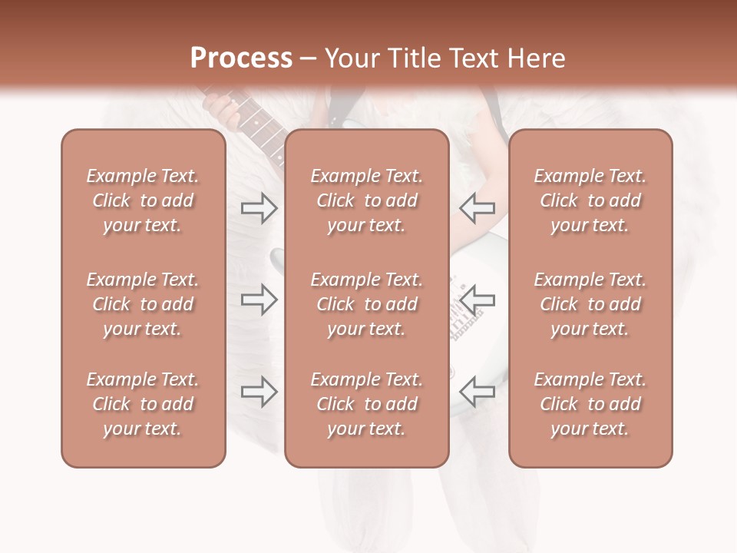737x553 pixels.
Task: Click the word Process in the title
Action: pos(241,58)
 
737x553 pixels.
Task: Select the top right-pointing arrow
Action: pos(259,207)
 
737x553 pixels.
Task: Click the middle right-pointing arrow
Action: pos(259,300)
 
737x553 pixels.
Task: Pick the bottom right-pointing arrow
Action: pos(259,392)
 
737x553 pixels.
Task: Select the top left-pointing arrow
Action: pos(478,207)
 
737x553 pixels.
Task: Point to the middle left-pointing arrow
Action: pos(478,300)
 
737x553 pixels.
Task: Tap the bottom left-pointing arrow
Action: pos(478,392)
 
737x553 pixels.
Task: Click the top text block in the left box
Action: pos(143,200)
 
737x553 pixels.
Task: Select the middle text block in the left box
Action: pos(143,304)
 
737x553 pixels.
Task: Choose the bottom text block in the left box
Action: pos(143,404)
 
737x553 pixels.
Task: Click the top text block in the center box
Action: pos(366,200)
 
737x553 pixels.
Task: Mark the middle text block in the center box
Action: pos(366,304)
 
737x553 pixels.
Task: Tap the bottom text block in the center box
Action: pos(366,404)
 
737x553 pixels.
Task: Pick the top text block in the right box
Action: pos(590,200)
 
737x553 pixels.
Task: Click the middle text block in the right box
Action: pos(590,304)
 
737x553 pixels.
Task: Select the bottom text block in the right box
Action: pos(590,404)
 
